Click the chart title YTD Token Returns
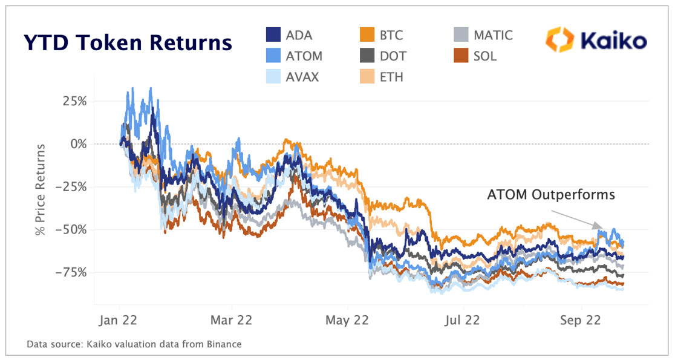point(128,43)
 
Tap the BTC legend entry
point(380,35)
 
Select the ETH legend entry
point(381,77)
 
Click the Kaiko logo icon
point(558,40)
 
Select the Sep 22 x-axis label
point(579,321)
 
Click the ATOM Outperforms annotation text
point(551,195)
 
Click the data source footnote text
point(134,344)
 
